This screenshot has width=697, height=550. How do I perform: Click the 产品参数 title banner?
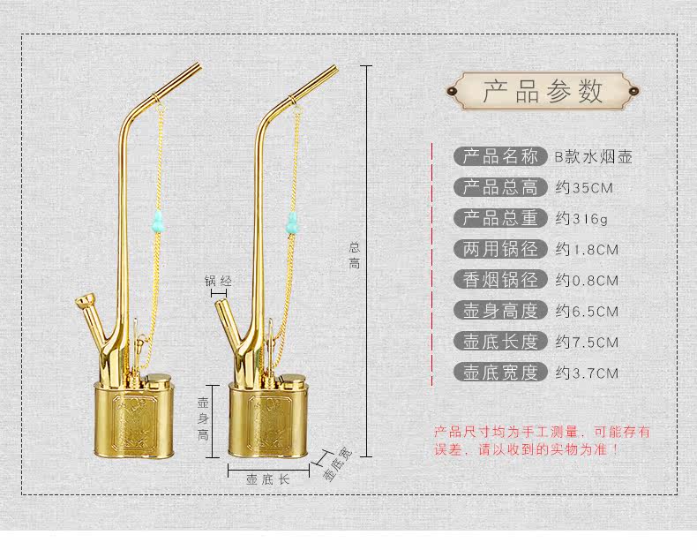[543, 90]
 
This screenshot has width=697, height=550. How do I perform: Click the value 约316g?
[582, 218]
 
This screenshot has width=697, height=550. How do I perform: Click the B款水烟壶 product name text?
[593, 157]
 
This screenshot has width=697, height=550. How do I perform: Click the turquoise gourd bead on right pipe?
[294, 221]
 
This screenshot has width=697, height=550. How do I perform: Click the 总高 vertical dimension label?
[354, 254]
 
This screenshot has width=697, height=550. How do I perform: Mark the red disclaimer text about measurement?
[542, 440]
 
